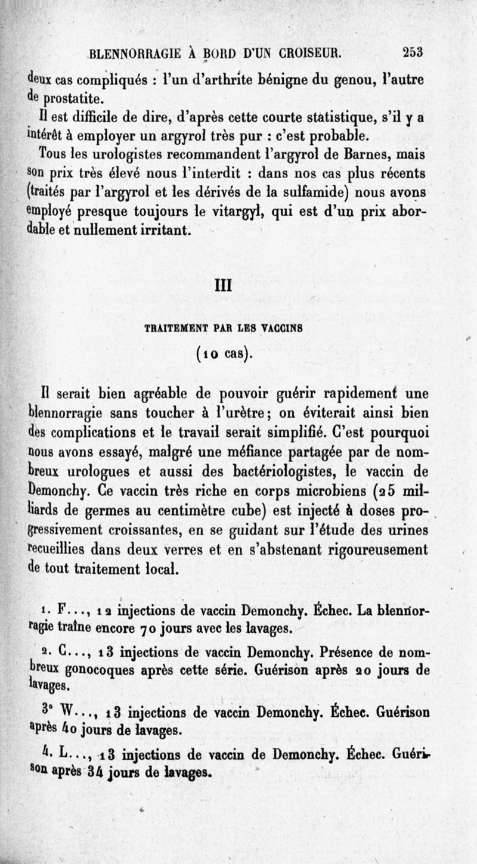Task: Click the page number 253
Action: point(412,52)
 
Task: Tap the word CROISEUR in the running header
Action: point(305,52)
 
